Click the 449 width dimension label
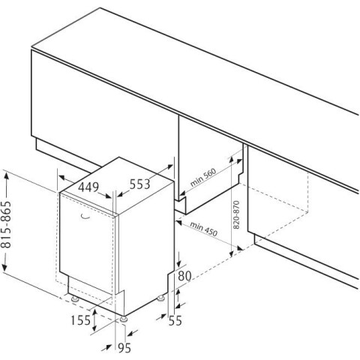[x=88, y=187]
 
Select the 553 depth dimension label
[x=139, y=184]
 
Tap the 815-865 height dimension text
[x=6, y=224]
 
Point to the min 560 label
[x=203, y=178]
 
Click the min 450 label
[x=204, y=229]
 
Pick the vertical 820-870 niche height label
[x=236, y=214]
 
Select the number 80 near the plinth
[x=184, y=276]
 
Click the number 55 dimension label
[x=175, y=321]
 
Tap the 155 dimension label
[x=80, y=320]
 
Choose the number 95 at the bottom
[x=124, y=348]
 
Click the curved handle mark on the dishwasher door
[x=85, y=217]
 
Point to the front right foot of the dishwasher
[x=124, y=319]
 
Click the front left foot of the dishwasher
[x=75, y=298]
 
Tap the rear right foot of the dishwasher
[x=160, y=298]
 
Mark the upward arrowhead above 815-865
[x=6, y=175]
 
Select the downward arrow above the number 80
[x=179, y=259]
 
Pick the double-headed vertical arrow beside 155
[x=94, y=320]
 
